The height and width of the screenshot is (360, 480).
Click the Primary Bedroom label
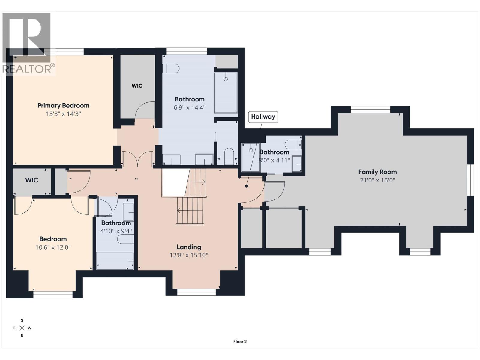point(63,106)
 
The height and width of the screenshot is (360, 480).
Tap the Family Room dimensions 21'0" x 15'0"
point(377,180)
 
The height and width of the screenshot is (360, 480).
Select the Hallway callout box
point(263,117)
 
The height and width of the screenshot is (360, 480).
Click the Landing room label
point(189,247)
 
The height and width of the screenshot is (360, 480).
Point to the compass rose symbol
point(22,328)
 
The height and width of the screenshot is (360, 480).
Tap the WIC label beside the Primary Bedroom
point(137,86)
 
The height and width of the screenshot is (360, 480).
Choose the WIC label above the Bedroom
point(32,180)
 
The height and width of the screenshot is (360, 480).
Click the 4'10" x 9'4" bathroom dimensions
point(116,231)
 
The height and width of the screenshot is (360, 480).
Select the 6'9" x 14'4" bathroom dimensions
point(190,107)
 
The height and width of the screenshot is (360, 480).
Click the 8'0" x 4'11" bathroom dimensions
point(274,160)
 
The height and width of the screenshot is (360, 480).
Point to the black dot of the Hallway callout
point(247,186)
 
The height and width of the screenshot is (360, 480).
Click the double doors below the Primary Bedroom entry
point(137,159)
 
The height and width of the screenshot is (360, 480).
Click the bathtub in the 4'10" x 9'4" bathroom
point(115,261)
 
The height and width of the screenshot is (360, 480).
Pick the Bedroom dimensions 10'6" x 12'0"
point(53,247)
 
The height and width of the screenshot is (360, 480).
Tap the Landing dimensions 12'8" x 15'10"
point(189,255)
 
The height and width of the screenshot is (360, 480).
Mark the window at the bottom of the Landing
point(196,292)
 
